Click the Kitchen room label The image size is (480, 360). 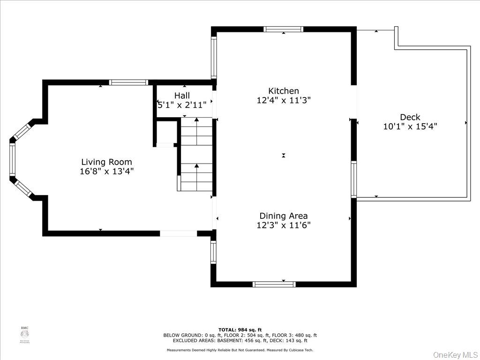[x=283, y=91]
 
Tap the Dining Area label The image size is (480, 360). [x=284, y=216]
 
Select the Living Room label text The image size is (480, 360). [x=106, y=162]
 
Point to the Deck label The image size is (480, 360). [x=410, y=117]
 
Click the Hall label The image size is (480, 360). [x=182, y=96]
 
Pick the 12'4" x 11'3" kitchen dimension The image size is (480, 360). [x=284, y=100]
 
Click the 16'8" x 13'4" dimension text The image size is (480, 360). [x=106, y=172]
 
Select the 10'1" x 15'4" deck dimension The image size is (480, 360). [x=410, y=126]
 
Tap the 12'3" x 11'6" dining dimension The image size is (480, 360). [x=284, y=225]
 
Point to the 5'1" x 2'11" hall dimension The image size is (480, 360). [x=182, y=105]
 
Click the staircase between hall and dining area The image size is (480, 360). [x=196, y=155]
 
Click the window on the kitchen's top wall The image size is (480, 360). [x=283, y=29]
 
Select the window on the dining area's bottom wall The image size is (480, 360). [x=274, y=284]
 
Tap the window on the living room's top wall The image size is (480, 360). [x=128, y=82]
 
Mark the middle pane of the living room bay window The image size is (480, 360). [x=13, y=160]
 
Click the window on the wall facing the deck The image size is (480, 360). [x=354, y=179]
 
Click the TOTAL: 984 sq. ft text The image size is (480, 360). [x=240, y=330]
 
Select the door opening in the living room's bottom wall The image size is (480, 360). [x=178, y=233]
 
